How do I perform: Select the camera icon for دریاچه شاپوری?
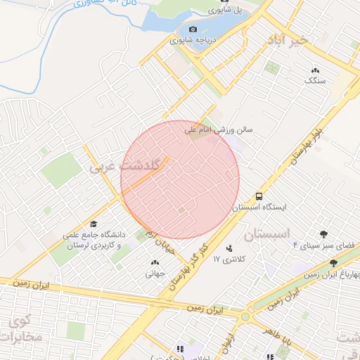pyautogui.click(x=193, y=30)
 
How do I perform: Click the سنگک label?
pyautogui.click(x=315, y=81)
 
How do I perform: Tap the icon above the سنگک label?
pyautogui.click(x=315, y=70)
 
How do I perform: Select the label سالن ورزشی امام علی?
pyautogui.click(x=219, y=130)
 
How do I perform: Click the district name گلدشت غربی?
pyautogui.click(x=131, y=165)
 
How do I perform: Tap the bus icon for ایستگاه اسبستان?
pyautogui.click(x=259, y=195)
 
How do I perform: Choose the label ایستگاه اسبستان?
pyautogui.click(x=259, y=208)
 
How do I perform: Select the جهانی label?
pyautogui.click(x=155, y=274)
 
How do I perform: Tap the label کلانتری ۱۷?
pyautogui.click(x=231, y=259)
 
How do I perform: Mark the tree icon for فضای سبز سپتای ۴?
pyautogui.click(x=323, y=234)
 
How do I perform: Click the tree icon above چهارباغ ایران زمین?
pyautogui.click(x=333, y=262)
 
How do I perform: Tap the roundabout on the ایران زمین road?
pyautogui.click(x=245, y=318)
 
